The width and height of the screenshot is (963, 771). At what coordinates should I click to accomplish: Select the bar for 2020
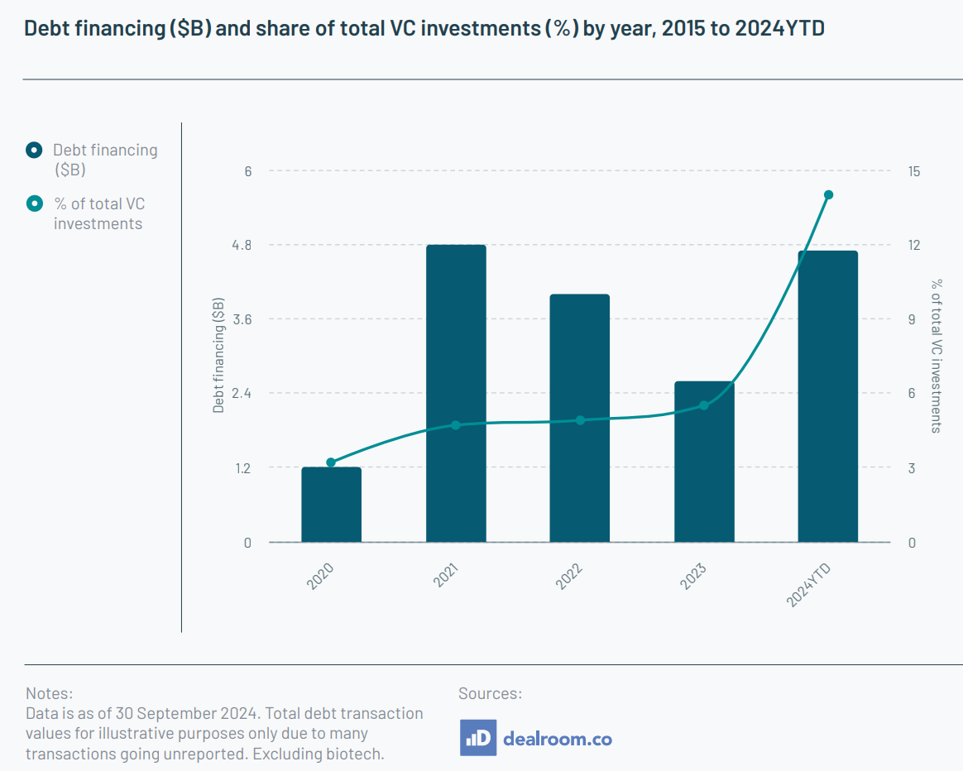[331, 505]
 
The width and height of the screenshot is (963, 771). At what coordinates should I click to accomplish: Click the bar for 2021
[455, 394]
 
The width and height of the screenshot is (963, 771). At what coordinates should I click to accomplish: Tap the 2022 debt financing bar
[579, 419]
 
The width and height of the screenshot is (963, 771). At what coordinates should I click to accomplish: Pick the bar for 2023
[704, 462]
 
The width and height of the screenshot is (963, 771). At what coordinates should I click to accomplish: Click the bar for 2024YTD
[827, 397]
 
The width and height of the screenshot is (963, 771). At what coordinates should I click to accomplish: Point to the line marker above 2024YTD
[828, 195]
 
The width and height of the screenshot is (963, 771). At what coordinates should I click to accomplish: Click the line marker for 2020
[331, 462]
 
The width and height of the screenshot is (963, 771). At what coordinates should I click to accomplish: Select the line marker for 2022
[580, 420]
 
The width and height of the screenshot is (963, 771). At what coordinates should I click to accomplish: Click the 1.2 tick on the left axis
[242, 468]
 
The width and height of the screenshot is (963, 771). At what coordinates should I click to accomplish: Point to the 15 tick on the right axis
[913, 171]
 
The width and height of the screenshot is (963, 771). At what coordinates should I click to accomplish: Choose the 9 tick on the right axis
[911, 320]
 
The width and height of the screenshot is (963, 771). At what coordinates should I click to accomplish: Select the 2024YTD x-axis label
[808, 586]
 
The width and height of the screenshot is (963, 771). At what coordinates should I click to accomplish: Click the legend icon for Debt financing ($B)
[34, 150]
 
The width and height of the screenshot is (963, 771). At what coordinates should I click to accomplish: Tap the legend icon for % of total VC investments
[34, 204]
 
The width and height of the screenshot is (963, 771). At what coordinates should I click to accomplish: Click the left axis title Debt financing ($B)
[218, 356]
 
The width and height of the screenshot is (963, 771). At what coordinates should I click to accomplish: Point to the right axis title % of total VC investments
[937, 356]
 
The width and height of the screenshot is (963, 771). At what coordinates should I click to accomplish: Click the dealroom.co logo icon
[477, 738]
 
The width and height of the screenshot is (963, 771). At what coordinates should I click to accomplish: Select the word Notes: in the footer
[50, 693]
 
